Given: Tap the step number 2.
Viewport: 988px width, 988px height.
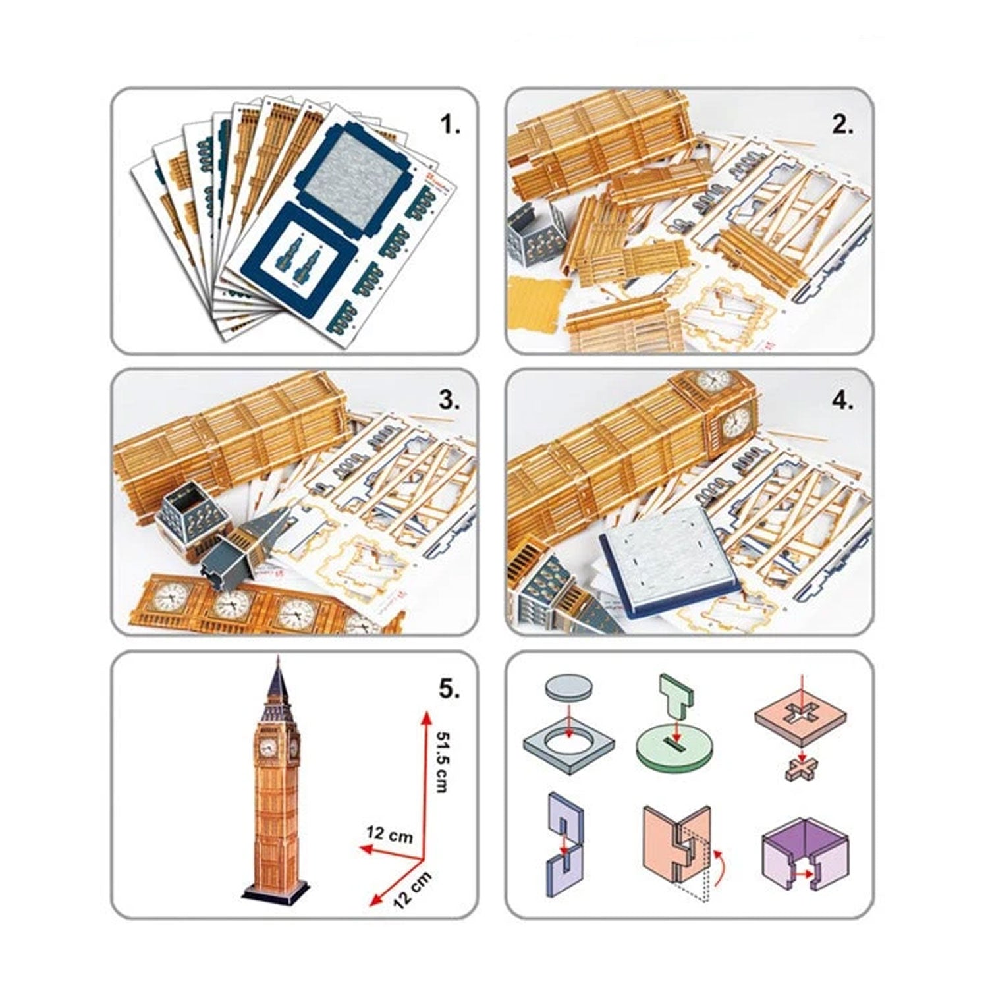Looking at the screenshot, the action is point(842,124).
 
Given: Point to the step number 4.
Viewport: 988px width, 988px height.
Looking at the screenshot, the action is point(842,401).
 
